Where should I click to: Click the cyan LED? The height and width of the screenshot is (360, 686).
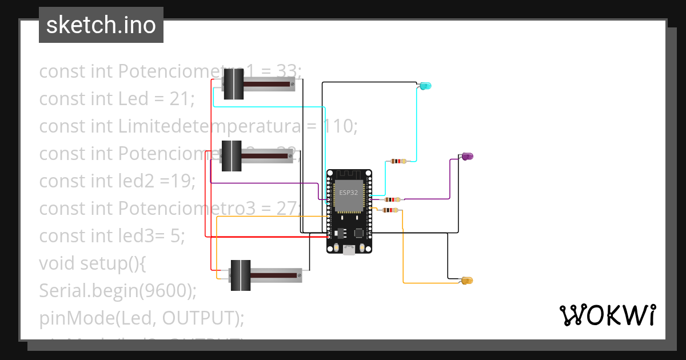click(425, 86)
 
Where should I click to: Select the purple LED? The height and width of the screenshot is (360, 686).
click(467, 156)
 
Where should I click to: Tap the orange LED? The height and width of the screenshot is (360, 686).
click(467, 281)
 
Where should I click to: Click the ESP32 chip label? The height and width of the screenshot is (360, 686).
click(349, 193)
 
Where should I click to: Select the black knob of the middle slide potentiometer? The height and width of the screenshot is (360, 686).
click(232, 155)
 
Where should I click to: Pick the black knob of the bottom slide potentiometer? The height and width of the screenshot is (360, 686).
click(240, 275)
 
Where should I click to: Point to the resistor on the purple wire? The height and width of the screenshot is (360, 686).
click(392, 199)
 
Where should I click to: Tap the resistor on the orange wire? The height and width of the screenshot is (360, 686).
click(390, 210)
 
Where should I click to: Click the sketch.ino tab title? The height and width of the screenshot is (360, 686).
click(101, 25)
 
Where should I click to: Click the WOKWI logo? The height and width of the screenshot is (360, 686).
click(607, 315)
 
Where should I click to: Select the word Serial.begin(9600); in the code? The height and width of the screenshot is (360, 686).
click(118, 291)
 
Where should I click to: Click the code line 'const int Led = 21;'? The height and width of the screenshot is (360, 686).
click(117, 99)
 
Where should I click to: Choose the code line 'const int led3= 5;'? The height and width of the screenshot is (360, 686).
click(112, 235)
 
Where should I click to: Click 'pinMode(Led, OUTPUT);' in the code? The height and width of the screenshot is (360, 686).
click(141, 318)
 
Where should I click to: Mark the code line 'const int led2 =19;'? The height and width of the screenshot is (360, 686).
click(117, 181)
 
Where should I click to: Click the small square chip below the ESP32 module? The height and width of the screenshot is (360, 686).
click(358, 233)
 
